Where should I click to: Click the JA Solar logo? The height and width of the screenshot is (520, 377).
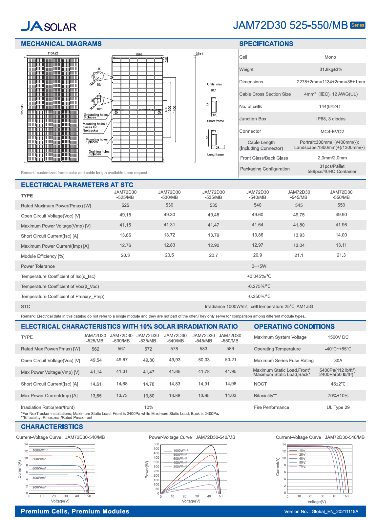click(x=49, y=26)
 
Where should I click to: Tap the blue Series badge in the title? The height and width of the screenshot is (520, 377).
click(x=357, y=25)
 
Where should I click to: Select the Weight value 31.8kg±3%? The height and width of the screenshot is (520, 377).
click(x=330, y=70)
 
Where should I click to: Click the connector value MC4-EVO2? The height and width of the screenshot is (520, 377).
click(x=332, y=132)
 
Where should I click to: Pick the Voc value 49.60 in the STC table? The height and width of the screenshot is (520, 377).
click(x=258, y=215)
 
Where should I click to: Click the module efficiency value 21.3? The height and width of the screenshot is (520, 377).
click(x=341, y=255)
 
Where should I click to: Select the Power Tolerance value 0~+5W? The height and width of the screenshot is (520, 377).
click(x=259, y=266)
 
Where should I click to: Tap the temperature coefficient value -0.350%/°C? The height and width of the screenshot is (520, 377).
click(x=259, y=297)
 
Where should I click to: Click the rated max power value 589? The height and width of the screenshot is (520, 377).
click(x=230, y=349)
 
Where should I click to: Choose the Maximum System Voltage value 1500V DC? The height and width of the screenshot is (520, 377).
click(x=338, y=337)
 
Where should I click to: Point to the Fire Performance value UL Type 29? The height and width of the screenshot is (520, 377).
click(x=338, y=407)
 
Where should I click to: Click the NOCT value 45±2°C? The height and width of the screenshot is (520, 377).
click(x=338, y=384)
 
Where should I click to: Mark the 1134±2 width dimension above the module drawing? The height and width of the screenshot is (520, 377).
click(x=52, y=53)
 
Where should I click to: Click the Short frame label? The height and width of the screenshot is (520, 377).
click(x=215, y=121)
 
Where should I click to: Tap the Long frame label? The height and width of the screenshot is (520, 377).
click(x=215, y=155)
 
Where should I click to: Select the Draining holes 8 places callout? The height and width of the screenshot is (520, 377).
click(x=99, y=153)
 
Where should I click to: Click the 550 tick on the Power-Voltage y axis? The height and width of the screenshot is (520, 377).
click(x=156, y=444)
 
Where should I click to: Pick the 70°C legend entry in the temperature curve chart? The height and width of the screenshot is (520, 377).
click(x=302, y=467)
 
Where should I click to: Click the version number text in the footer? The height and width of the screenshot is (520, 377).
click(x=321, y=511)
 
